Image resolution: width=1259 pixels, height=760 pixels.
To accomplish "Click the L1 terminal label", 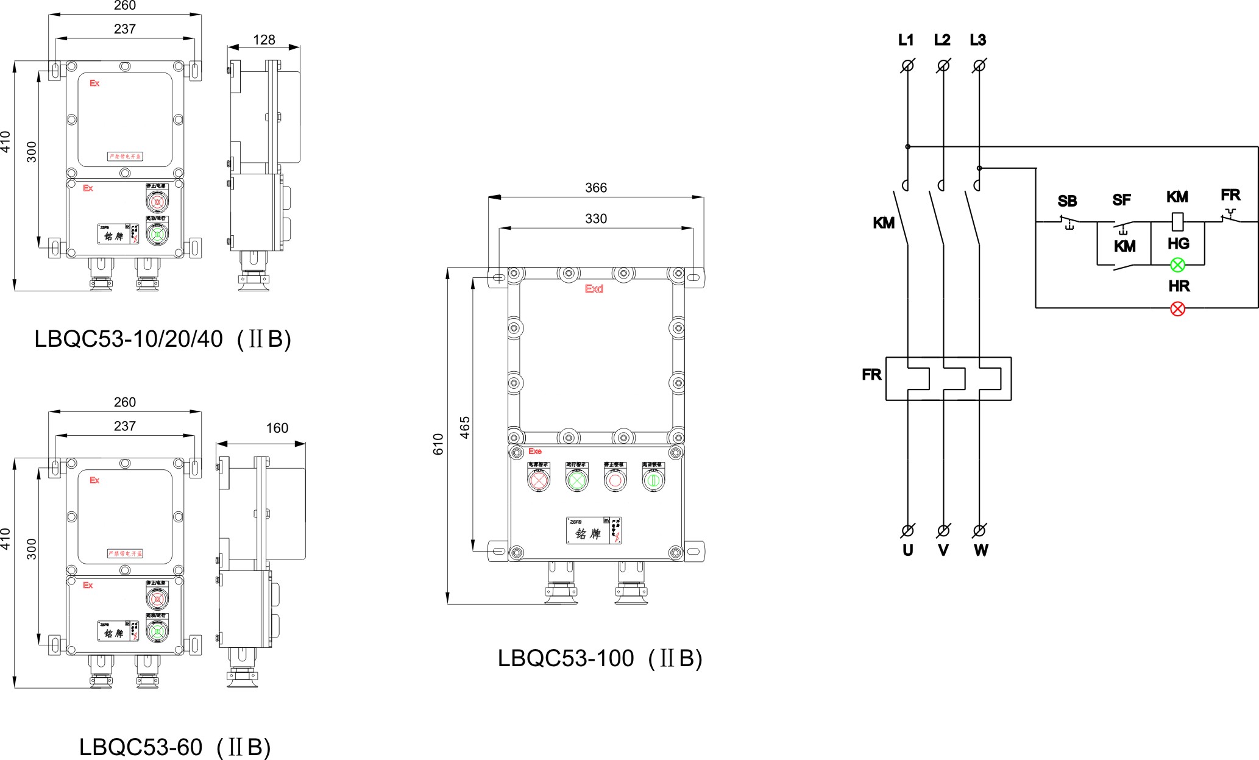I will click(x=906, y=40).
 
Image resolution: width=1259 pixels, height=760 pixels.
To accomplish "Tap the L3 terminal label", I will click(x=977, y=40).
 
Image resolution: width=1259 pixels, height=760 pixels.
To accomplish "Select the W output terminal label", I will click(x=981, y=550).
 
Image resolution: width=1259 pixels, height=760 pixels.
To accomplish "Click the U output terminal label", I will click(x=907, y=550).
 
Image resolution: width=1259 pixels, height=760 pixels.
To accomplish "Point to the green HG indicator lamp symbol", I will click(x=1177, y=265).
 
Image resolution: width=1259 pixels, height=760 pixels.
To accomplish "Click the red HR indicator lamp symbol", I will click(x=1177, y=308).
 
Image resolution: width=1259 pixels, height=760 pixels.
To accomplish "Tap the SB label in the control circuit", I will click(x=1067, y=201).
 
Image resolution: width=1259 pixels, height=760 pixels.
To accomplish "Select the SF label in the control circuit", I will click(x=1121, y=200).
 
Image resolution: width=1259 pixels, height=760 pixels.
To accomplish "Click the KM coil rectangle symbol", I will click(x=1177, y=221).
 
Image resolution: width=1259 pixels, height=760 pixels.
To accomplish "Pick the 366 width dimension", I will click(x=595, y=188).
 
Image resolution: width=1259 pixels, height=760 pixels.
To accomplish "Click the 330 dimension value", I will click(x=595, y=219).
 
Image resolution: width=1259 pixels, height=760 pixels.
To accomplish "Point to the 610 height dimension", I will click(x=438, y=444).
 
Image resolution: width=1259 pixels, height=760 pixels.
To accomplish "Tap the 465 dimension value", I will click(x=465, y=427).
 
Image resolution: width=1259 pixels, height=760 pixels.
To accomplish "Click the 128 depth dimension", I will click(x=264, y=40).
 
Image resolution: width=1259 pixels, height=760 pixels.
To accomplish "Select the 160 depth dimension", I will click(x=277, y=428).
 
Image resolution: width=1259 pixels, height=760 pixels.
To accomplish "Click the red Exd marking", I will click(x=594, y=289).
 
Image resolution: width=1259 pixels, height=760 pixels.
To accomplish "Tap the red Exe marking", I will click(x=535, y=452).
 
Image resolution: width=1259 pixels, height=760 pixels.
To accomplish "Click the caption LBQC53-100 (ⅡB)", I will click(x=600, y=658).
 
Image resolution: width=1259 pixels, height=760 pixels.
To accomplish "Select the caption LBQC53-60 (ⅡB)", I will click(x=174, y=747).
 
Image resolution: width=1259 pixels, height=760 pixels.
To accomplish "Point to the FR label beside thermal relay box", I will click(x=871, y=374).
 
